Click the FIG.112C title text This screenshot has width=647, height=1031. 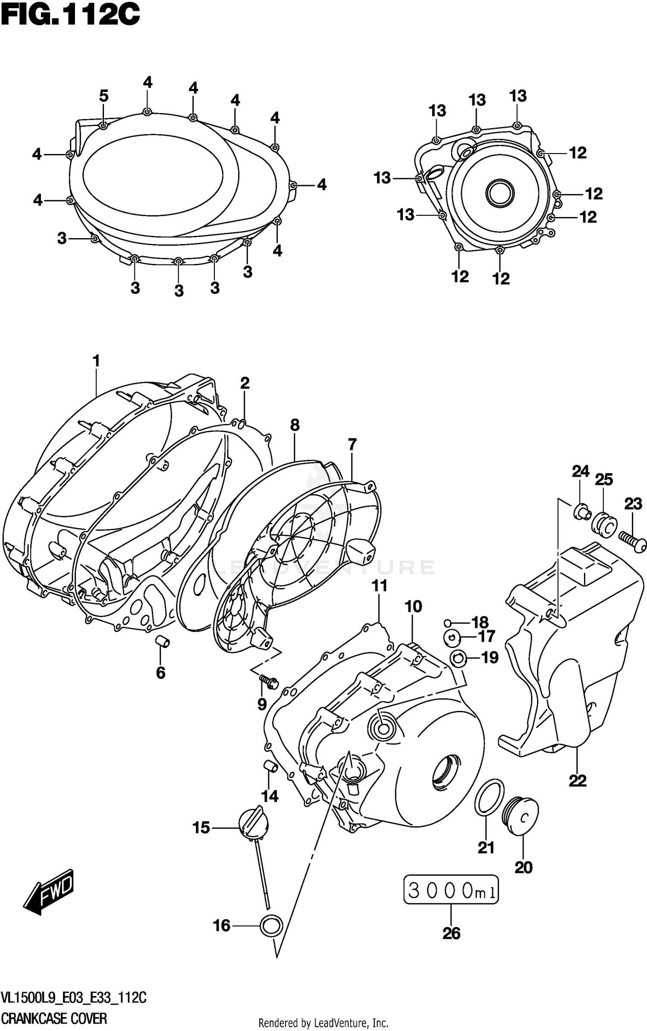(70, 16)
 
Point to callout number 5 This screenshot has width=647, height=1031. (104, 96)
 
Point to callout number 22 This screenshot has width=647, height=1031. (577, 780)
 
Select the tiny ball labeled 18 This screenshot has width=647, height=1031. (448, 622)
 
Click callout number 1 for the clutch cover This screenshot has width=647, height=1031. (96, 361)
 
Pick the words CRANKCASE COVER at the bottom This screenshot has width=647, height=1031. (54, 1015)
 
